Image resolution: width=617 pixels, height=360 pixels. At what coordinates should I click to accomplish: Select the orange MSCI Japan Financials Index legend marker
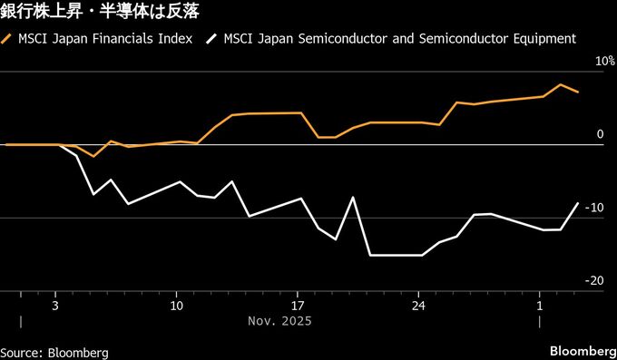tap(8, 39)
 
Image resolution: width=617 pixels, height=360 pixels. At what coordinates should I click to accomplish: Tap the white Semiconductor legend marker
tap(212, 39)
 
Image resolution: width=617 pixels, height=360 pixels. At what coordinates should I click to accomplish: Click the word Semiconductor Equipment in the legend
tap(519, 39)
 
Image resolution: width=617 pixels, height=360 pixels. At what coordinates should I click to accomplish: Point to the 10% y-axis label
tap(593, 62)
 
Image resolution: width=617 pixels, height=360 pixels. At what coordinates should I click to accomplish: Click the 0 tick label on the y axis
tap(600, 135)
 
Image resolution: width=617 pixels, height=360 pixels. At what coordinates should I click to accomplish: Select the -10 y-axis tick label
tap(594, 208)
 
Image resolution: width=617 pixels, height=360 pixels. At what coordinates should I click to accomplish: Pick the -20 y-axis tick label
tap(594, 281)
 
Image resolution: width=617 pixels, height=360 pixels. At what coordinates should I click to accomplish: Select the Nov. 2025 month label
tap(279, 321)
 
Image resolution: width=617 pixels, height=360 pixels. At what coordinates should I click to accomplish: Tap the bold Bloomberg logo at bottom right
tap(583, 351)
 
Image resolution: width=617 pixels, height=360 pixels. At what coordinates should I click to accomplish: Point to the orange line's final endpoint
tap(578, 92)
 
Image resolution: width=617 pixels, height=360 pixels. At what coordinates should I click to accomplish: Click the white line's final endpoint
tap(578, 203)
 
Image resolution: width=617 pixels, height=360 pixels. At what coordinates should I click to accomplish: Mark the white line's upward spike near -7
tap(353, 198)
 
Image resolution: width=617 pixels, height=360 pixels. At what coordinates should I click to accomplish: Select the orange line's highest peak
tap(561, 85)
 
